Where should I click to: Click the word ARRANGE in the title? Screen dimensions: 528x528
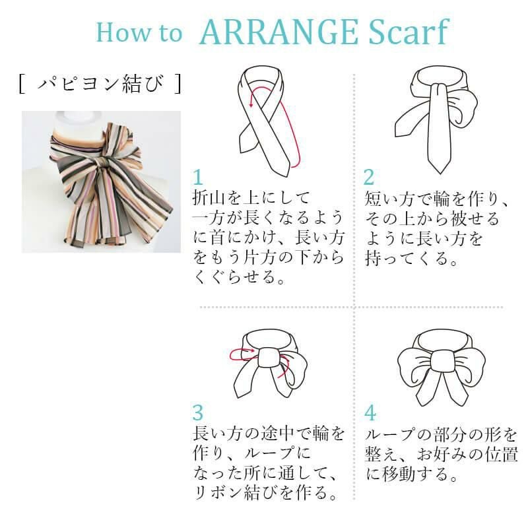[279, 32]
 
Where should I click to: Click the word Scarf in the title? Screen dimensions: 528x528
[409, 32]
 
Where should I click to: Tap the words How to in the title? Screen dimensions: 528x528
[139, 32]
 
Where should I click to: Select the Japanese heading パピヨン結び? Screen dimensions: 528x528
[101, 84]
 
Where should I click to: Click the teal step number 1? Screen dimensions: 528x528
[197, 178]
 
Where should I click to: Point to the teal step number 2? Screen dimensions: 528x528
[369, 177]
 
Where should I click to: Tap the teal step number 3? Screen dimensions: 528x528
[198, 412]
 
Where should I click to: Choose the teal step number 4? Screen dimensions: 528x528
[370, 413]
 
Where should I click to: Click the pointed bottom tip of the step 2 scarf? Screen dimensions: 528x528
[440, 174]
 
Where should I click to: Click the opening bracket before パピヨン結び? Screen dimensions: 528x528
[22, 84]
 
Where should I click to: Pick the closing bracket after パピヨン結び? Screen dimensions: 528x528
[178, 84]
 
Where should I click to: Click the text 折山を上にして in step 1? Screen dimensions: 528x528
[251, 197]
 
